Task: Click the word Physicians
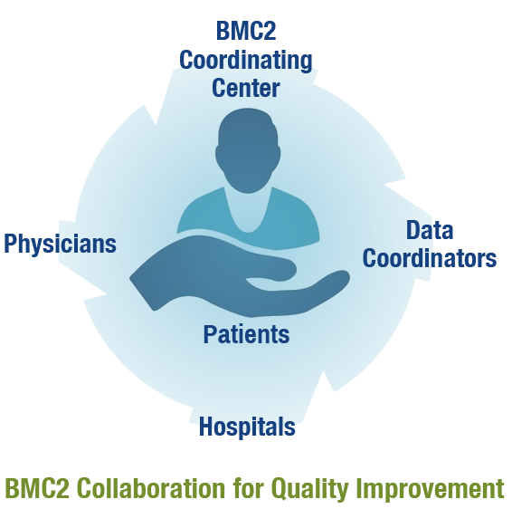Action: tap(60, 245)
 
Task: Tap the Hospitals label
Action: tap(247, 427)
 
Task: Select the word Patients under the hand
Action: tap(246, 334)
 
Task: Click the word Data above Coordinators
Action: tap(430, 230)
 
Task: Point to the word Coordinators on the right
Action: tap(430, 259)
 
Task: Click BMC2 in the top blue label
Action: tap(246, 31)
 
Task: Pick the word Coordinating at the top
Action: tap(246, 61)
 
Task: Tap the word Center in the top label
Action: tap(246, 88)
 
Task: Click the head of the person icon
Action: tap(248, 149)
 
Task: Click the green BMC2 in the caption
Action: tap(37, 488)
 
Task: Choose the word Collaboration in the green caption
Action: tap(151, 488)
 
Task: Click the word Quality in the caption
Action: tap(309, 490)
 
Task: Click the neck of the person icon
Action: tap(248, 210)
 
